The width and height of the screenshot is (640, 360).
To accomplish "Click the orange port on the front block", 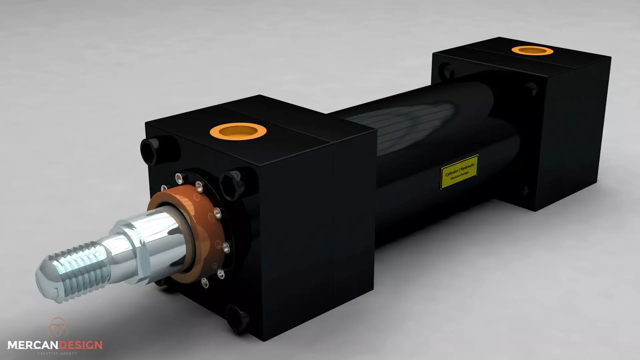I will coord(238,130).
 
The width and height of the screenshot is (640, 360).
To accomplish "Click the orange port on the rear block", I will coord(532,51).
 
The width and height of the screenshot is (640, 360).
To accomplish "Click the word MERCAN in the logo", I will coord(33,345).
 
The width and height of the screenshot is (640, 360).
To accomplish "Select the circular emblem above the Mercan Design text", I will coord(58,327).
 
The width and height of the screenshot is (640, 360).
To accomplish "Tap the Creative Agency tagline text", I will coord(57,353).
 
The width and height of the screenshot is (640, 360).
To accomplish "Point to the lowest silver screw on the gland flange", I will coord(205,283).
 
